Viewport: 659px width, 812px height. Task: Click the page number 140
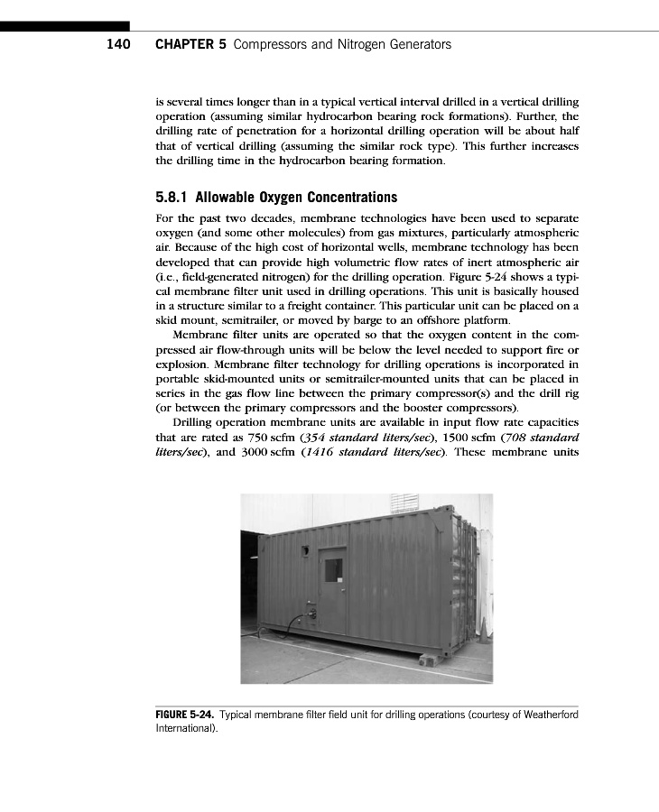118,44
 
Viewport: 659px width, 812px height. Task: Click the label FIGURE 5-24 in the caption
185,715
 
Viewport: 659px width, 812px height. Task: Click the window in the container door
333,570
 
